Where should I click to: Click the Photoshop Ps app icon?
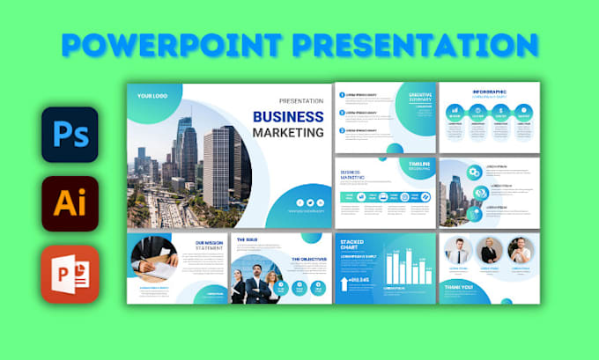coord(70,135)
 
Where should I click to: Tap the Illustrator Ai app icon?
coord(70,203)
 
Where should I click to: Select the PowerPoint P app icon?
coord(70,274)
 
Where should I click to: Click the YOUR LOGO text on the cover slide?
coord(154,94)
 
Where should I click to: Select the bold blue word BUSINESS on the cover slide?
coord(288,116)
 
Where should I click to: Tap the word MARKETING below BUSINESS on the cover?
coord(288,133)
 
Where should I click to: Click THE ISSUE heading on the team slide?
coord(248,238)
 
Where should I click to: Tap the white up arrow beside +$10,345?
coord(343,280)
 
